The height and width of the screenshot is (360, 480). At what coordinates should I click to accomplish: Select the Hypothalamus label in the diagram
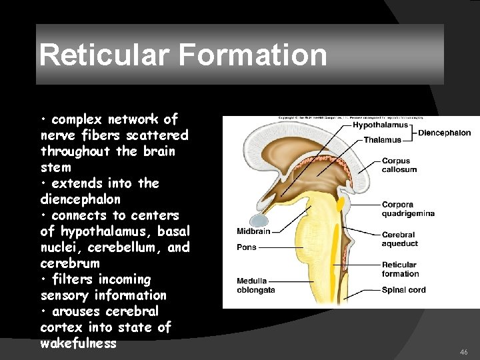[381, 125]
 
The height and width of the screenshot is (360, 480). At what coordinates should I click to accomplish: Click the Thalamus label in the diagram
[383, 140]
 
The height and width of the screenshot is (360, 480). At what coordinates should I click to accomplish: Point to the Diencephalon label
[445, 133]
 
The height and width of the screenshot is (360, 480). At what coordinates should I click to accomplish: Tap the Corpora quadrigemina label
[408, 209]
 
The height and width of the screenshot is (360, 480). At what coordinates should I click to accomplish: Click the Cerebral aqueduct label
[399, 239]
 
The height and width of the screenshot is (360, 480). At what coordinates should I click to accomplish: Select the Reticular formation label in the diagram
[400, 269]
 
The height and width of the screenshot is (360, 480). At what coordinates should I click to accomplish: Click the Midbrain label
[253, 231]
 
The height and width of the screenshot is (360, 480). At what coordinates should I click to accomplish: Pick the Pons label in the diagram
[246, 247]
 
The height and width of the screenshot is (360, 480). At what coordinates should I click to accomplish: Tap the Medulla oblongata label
[256, 285]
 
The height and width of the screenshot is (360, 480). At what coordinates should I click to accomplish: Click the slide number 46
[464, 351]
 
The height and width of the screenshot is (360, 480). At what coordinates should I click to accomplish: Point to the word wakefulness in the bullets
[78, 343]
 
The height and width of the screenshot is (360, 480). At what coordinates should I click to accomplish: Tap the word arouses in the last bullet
[77, 311]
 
